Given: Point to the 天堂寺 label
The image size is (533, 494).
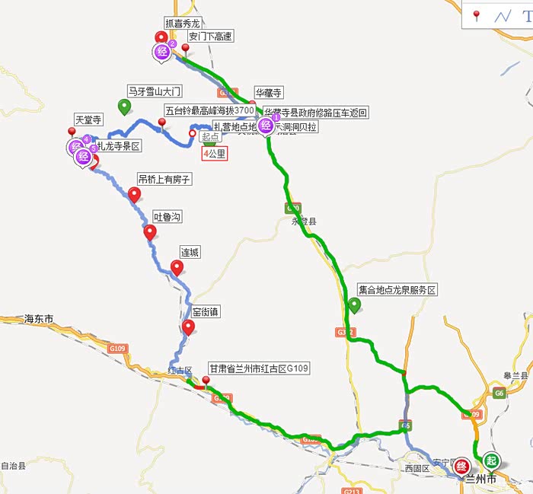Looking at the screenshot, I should click(88, 120).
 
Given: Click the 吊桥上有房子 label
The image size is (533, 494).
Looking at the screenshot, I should click(164, 179).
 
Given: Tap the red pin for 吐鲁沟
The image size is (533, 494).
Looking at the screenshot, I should click(150, 232).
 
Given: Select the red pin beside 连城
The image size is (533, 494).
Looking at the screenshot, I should click(177, 267).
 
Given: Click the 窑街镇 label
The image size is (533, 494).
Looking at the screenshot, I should click(205, 311).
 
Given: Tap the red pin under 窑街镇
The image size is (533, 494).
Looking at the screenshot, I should click(188, 327).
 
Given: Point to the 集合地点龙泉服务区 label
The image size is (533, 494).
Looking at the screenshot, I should click(397, 290).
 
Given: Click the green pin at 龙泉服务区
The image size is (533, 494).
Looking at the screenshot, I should click(354, 305).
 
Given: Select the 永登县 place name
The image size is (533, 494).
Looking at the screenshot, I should click(303, 221).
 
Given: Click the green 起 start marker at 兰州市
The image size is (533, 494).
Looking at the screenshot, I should click(492, 461).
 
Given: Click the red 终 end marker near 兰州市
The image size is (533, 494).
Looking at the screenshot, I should click(461, 467).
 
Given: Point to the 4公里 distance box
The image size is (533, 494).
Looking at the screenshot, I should click(214, 153).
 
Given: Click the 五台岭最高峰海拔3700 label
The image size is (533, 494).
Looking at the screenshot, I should click(209, 111).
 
